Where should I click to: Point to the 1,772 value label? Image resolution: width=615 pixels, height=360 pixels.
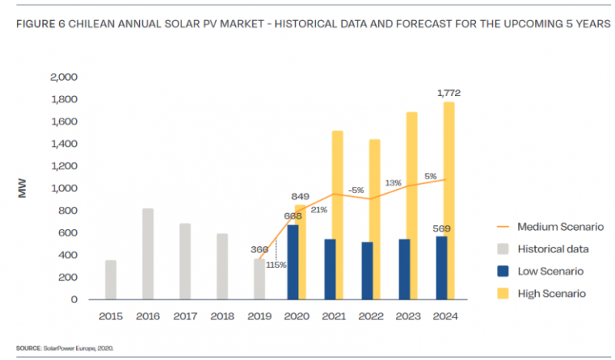(x=448, y=92)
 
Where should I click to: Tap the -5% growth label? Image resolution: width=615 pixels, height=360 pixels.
(x=356, y=189)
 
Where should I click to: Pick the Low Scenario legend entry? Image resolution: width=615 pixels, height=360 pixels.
(x=549, y=271)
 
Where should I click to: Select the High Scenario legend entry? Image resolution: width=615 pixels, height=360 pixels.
(x=550, y=293)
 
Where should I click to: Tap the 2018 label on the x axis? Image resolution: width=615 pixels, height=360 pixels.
(x=222, y=315)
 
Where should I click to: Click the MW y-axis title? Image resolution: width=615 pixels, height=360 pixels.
(x=24, y=188)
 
